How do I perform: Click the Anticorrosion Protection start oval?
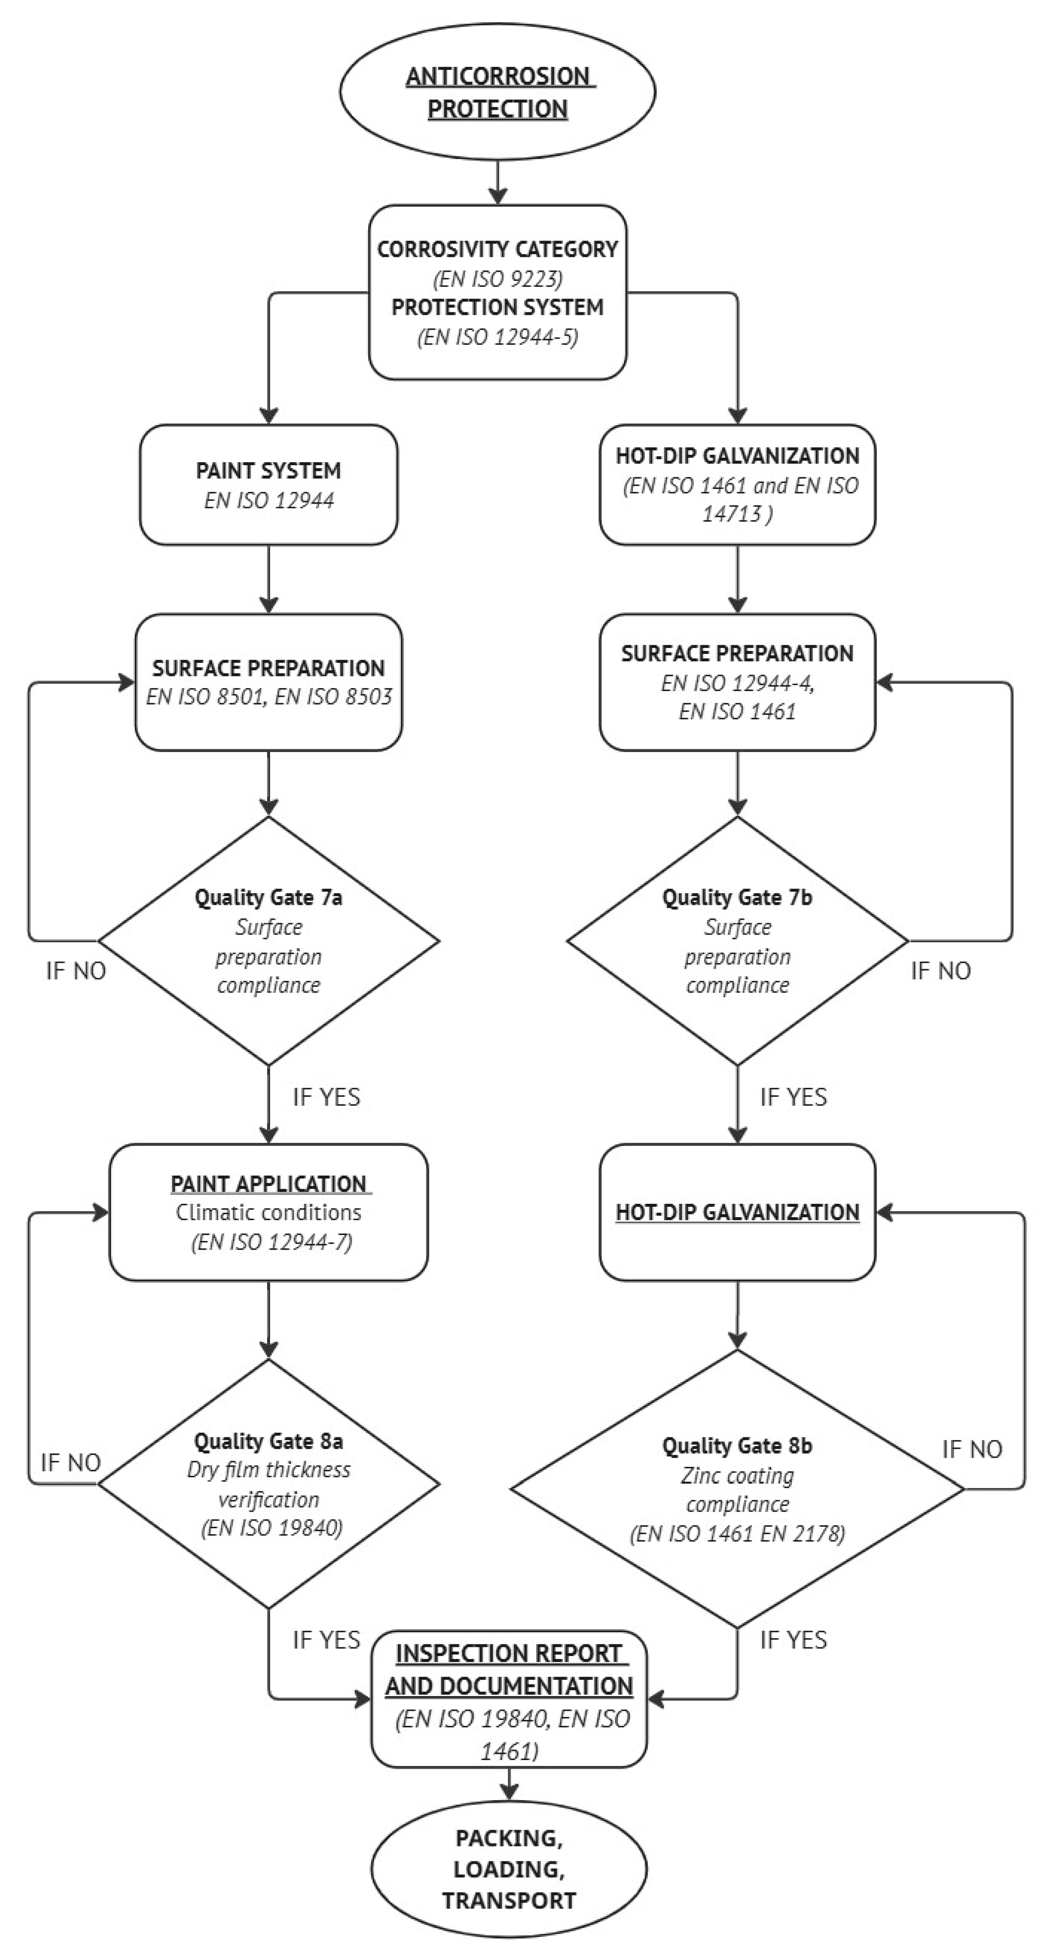pos(498,91)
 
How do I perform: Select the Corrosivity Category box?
pos(498,292)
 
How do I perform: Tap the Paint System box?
pos(269,485)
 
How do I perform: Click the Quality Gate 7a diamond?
pos(269,942)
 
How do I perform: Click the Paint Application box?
pos(269,1212)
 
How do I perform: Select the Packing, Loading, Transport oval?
pos(509,1869)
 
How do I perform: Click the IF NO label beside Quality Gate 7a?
pos(76,971)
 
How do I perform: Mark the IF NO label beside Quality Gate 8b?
pos(972,1450)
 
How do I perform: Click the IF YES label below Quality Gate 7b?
pos(793,1097)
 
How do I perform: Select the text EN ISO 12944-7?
pos(271,1242)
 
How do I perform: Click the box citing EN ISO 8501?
pos(269,682)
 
